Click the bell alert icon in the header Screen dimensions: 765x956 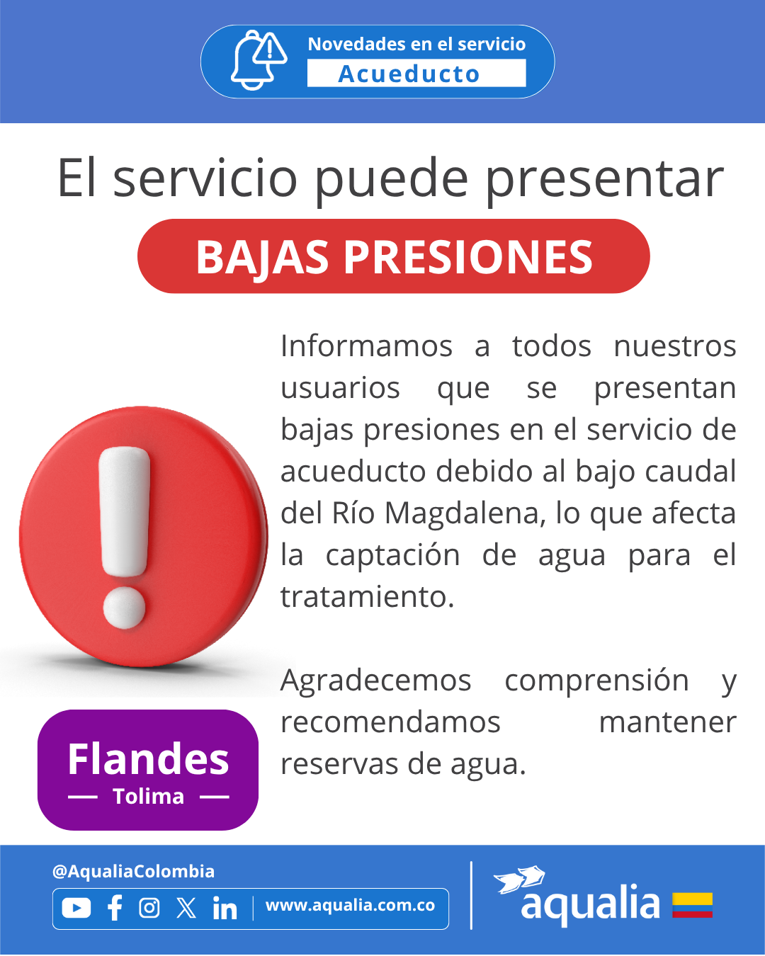259,60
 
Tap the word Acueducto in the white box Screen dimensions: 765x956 409,74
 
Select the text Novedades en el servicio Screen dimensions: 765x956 416,44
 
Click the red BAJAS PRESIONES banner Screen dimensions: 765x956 393,256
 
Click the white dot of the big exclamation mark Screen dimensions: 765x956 124,608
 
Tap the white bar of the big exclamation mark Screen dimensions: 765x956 124,511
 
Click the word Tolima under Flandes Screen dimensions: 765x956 149,797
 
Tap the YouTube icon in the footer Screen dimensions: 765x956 76,907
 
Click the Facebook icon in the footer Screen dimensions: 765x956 115,908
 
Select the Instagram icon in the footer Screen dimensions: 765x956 149,908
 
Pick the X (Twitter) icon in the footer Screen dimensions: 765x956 186,908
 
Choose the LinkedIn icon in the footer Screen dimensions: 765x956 225,908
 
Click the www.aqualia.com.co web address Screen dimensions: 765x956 351,905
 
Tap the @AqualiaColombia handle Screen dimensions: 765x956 133,871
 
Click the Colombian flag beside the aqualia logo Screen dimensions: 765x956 692,905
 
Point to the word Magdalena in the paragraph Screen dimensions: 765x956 465,514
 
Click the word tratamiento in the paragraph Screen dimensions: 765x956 367,596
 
